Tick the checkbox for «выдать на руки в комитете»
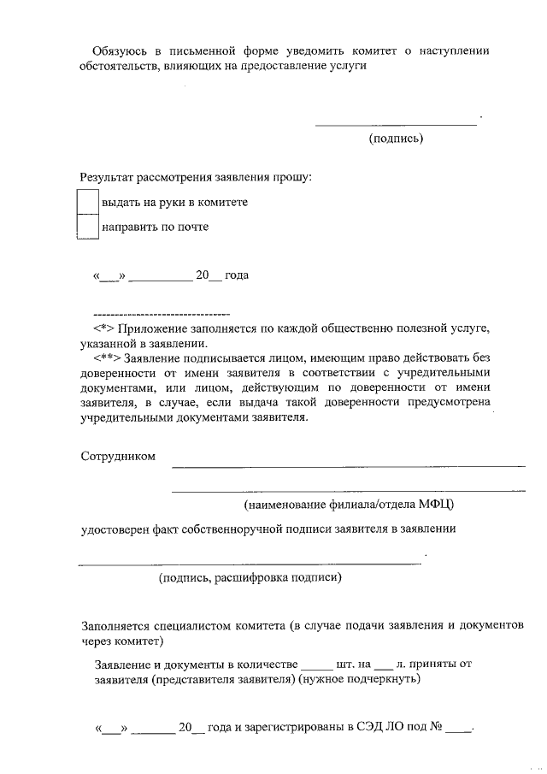88,203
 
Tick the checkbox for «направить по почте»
88,227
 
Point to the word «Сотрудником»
118,456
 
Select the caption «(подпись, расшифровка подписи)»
250,579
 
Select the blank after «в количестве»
316,665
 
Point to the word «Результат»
109,178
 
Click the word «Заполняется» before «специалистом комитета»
117,625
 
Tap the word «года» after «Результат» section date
237,276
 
